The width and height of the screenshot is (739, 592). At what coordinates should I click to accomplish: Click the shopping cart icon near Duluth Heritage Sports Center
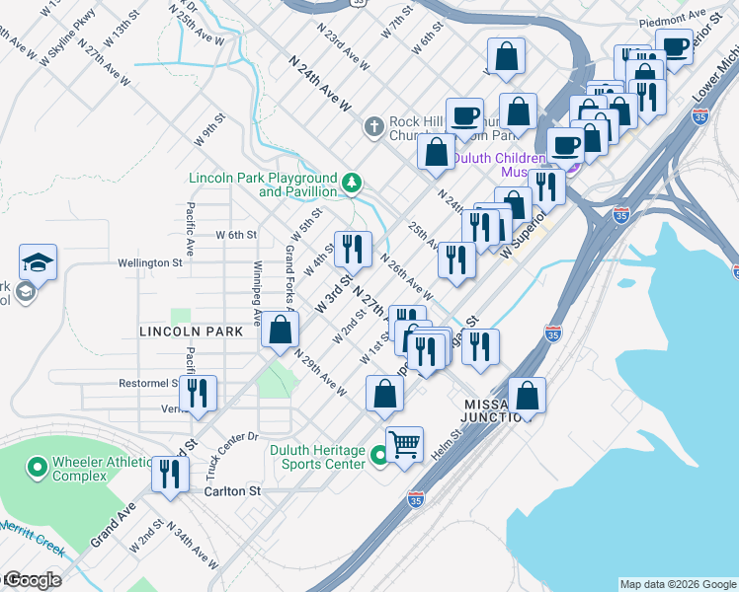pyautogui.click(x=405, y=444)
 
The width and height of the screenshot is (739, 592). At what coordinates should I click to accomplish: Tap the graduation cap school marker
pyautogui.click(x=38, y=262)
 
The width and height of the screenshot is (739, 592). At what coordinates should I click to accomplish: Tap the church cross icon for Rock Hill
pyautogui.click(x=373, y=126)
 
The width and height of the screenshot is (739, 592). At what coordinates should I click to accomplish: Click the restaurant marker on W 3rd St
pyautogui.click(x=353, y=249)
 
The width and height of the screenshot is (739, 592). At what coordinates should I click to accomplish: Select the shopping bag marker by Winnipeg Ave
pyautogui.click(x=281, y=329)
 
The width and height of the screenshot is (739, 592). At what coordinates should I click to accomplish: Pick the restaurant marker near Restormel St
pyautogui.click(x=198, y=393)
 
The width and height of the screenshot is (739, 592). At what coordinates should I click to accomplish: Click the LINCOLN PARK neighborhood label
pyautogui.click(x=191, y=332)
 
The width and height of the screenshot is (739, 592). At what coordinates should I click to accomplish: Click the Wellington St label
pyautogui.click(x=150, y=263)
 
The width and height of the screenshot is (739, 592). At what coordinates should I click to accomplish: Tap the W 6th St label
pyautogui.click(x=236, y=235)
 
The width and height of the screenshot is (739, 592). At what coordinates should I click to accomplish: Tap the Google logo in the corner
pyautogui.click(x=32, y=580)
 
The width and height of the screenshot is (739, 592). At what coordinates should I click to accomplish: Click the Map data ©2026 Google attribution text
pyautogui.click(x=678, y=584)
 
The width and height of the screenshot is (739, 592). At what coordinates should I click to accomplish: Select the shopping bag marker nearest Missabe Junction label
pyautogui.click(x=528, y=395)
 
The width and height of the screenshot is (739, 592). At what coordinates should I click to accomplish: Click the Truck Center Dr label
pyautogui.click(x=231, y=449)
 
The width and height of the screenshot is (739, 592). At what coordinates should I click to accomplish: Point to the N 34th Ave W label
pyautogui.click(x=193, y=546)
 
